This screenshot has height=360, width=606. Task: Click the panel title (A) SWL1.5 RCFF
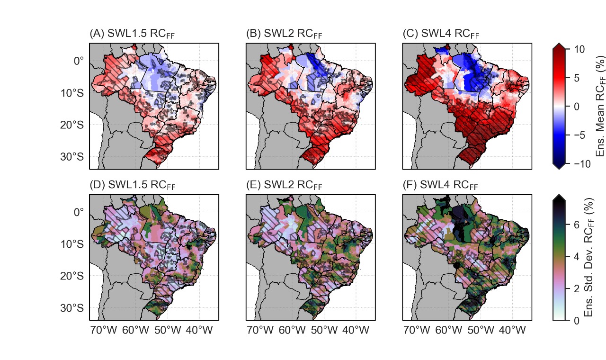pos(132,35)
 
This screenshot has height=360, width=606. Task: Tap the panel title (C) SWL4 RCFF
pos(441,35)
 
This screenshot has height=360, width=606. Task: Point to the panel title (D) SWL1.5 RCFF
pos(132,186)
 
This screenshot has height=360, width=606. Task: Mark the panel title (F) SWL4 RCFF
pos(441,186)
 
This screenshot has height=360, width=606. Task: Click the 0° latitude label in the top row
pos(78,61)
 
